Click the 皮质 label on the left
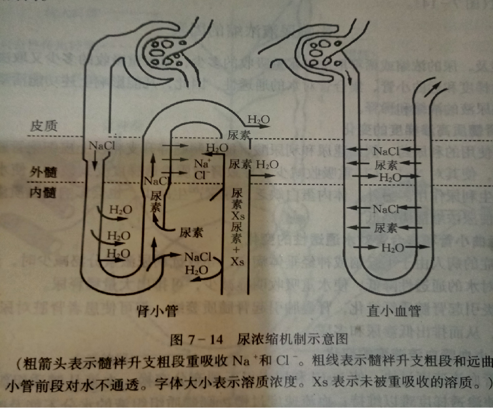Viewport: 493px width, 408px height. [44, 126]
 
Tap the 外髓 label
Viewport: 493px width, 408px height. [43, 172]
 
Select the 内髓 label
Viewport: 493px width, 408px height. [43, 193]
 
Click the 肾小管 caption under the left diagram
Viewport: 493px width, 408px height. [157, 311]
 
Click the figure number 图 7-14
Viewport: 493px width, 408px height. [196, 340]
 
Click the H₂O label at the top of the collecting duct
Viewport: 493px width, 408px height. [259, 120]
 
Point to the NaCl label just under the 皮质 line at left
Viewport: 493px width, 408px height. [102, 146]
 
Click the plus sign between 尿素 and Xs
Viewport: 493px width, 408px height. [237, 250]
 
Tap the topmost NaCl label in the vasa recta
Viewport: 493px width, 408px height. [386, 151]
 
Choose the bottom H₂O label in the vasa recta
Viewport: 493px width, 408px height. [392, 247]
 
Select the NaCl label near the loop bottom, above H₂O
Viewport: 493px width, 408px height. [198, 257]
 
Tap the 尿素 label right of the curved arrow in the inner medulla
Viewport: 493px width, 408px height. [191, 233]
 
